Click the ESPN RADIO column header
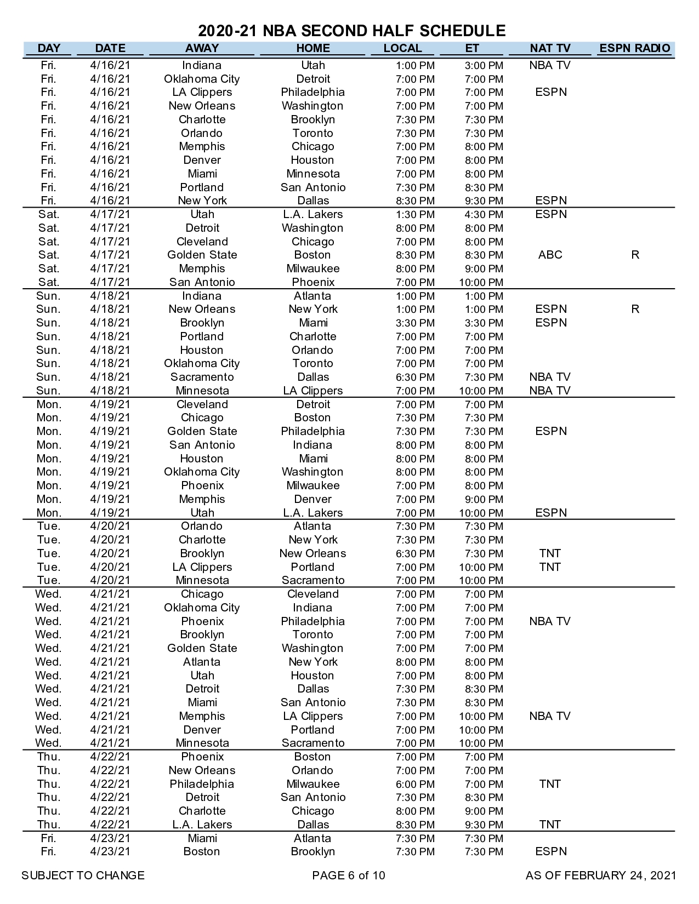(x=634, y=48)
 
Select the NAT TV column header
(x=550, y=48)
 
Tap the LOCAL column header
(x=402, y=48)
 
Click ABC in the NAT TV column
(x=550, y=255)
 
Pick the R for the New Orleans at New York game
(x=635, y=309)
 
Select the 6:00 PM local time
(x=415, y=785)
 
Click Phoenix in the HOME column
(x=313, y=282)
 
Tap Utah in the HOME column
(x=313, y=65)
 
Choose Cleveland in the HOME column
(x=313, y=594)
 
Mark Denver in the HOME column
(x=313, y=499)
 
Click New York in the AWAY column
(x=202, y=201)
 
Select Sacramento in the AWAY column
(x=202, y=377)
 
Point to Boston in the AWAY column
(x=202, y=851)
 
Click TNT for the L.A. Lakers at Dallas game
(x=550, y=825)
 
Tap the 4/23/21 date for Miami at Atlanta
(x=110, y=838)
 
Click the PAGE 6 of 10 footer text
(x=349, y=876)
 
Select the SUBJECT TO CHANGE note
(x=83, y=876)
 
